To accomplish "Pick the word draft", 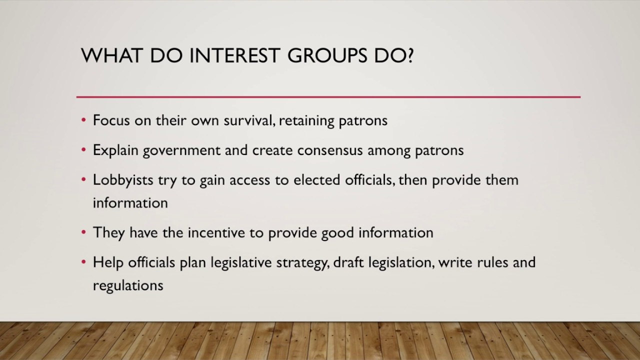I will (x=349, y=262).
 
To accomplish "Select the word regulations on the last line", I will (x=128, y=285).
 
